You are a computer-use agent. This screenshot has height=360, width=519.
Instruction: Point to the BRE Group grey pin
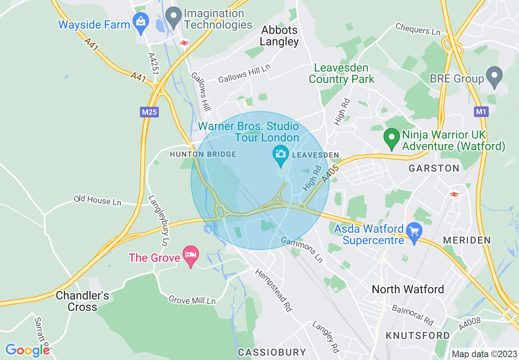pos(494,77)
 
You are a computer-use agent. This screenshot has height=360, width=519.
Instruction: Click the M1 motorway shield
pos(481,111)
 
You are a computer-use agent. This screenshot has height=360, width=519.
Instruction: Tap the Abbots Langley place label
pos(280,36)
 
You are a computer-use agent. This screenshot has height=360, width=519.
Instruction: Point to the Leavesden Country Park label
pos(341,73)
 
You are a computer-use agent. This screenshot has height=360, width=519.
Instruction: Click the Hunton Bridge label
pos(203,154)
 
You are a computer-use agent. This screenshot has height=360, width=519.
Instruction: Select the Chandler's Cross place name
pos(82,301)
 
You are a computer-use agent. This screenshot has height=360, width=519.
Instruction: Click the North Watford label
pos(407,289)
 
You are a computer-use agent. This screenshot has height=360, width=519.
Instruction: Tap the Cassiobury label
pos(272,352)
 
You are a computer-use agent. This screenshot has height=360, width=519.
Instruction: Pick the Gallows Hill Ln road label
pos(244,76)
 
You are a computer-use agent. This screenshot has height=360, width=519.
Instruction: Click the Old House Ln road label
pos(97,200)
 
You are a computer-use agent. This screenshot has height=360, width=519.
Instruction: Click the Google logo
pos(27,350)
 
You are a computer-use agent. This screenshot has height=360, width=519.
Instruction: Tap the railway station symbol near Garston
pos(454,194)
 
